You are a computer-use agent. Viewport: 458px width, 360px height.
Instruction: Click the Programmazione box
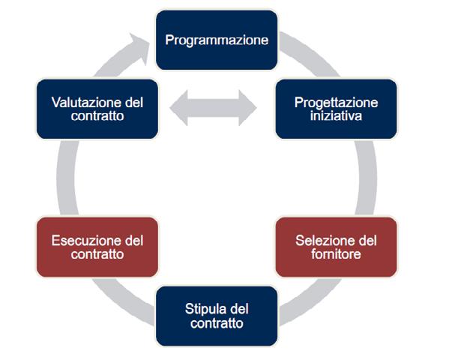click(217, 40)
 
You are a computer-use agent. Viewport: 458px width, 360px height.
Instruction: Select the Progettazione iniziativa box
click(335, 109)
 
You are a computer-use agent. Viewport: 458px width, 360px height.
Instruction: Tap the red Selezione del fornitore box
click(335, 247)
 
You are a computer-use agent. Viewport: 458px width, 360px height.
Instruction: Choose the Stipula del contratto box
click(217, 316)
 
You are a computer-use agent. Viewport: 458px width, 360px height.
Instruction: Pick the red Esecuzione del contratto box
click(97, 247)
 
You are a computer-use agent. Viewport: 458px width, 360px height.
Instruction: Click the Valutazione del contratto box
click(97, 109)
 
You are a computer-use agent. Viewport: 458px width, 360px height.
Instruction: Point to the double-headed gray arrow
click(214, 109)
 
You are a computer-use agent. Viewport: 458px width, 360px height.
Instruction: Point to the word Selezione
click(319, 241)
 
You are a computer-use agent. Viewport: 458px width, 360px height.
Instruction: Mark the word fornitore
click(335, 255)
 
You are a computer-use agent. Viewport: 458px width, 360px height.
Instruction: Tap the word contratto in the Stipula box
click(217, 323)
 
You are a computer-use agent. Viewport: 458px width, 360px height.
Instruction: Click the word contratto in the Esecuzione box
click(97, 255)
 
